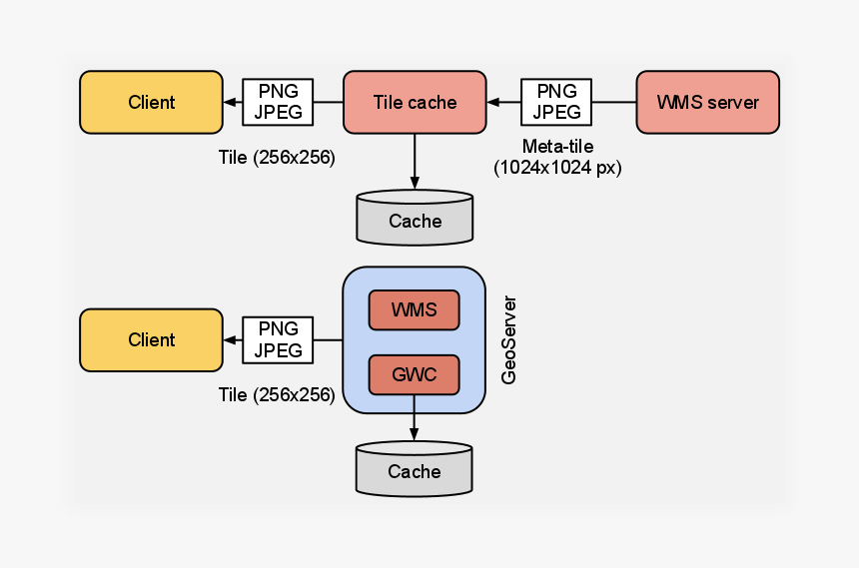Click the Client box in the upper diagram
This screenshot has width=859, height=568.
pyautogui.click(x=151, y=102)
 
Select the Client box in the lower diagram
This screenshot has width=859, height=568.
pyautogui.click(x=151, y=339)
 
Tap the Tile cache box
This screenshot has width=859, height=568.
pyautogui.click(x=415, y=102)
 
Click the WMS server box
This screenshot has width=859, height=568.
pyautogui.click(x=707, y=102)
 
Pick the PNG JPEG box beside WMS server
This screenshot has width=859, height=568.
pyautogui.click(x=556, y=102)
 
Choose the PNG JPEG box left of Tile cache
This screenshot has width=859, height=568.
pyautogui.click(x=278, y=102)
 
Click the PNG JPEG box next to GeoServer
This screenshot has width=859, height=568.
pyautogui.click(x=278, y=339)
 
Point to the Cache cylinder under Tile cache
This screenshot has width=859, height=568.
pyautogui.click(x=415, y=219)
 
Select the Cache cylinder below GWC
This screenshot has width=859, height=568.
pyautogui.click(x=414, y=469)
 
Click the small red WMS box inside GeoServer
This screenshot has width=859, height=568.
pyautogui.click(x=414, y=309)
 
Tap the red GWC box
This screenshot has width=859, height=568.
pyautogui.click(x=414, y=374)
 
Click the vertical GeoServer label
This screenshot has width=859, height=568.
pyautogui.click(x=509, y=339)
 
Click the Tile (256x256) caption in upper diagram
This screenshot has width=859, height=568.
pyautogui.click(x=277, y=158)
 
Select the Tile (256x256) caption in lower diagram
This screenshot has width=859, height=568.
pyautogui.click(x=277, y=394)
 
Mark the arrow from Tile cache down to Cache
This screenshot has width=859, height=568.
pyautogui.click(x=415, y=160)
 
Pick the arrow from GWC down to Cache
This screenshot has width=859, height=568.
pyautogui.click(x=414, y=417)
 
